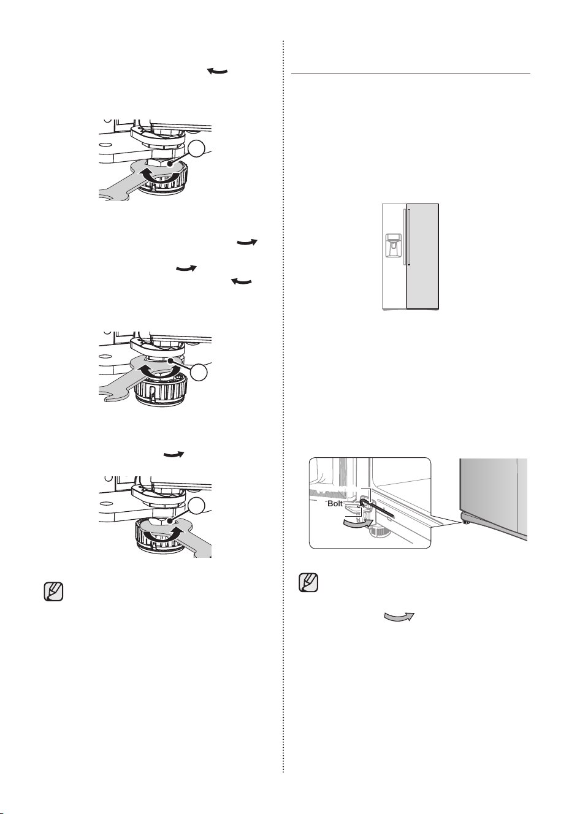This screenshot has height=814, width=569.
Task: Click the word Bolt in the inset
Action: click(x=335, y=504)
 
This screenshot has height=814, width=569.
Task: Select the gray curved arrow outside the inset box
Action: click(x=399, y=616)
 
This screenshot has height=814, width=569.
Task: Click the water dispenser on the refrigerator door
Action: click(x=394, y=246)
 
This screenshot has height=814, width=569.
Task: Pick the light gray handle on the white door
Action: click(x=404, y=237)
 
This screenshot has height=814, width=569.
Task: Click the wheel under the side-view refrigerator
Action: click(x=465, y=522)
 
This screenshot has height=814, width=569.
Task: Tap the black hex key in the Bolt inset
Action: click(x=376, y=508)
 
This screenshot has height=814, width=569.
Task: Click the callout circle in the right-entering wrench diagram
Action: click(x=197, y=506)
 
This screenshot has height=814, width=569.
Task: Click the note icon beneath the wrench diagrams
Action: click(x=53, y=591)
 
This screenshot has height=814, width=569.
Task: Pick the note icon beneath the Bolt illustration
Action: click(x=308, y=582)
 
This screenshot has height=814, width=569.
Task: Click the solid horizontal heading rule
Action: click(x=410, y=74)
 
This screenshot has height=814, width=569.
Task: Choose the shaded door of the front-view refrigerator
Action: click(x=422, y=256)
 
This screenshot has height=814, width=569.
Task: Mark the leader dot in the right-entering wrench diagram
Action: click(x=170, y=521)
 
